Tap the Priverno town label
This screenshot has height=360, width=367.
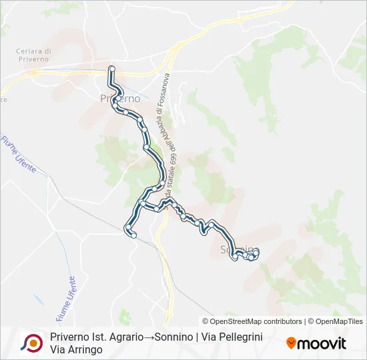coord(120,99)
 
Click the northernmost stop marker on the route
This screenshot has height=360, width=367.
coord(112,68)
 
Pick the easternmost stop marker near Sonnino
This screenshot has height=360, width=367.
coord(256,251)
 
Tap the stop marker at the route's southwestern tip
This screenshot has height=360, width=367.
coord(133,235)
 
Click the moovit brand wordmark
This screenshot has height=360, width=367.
coord(322,344)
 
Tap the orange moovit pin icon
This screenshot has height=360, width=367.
coord(291,343)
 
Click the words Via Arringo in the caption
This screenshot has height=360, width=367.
coord(76,349)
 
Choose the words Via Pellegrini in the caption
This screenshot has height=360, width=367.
coord(230,337)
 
